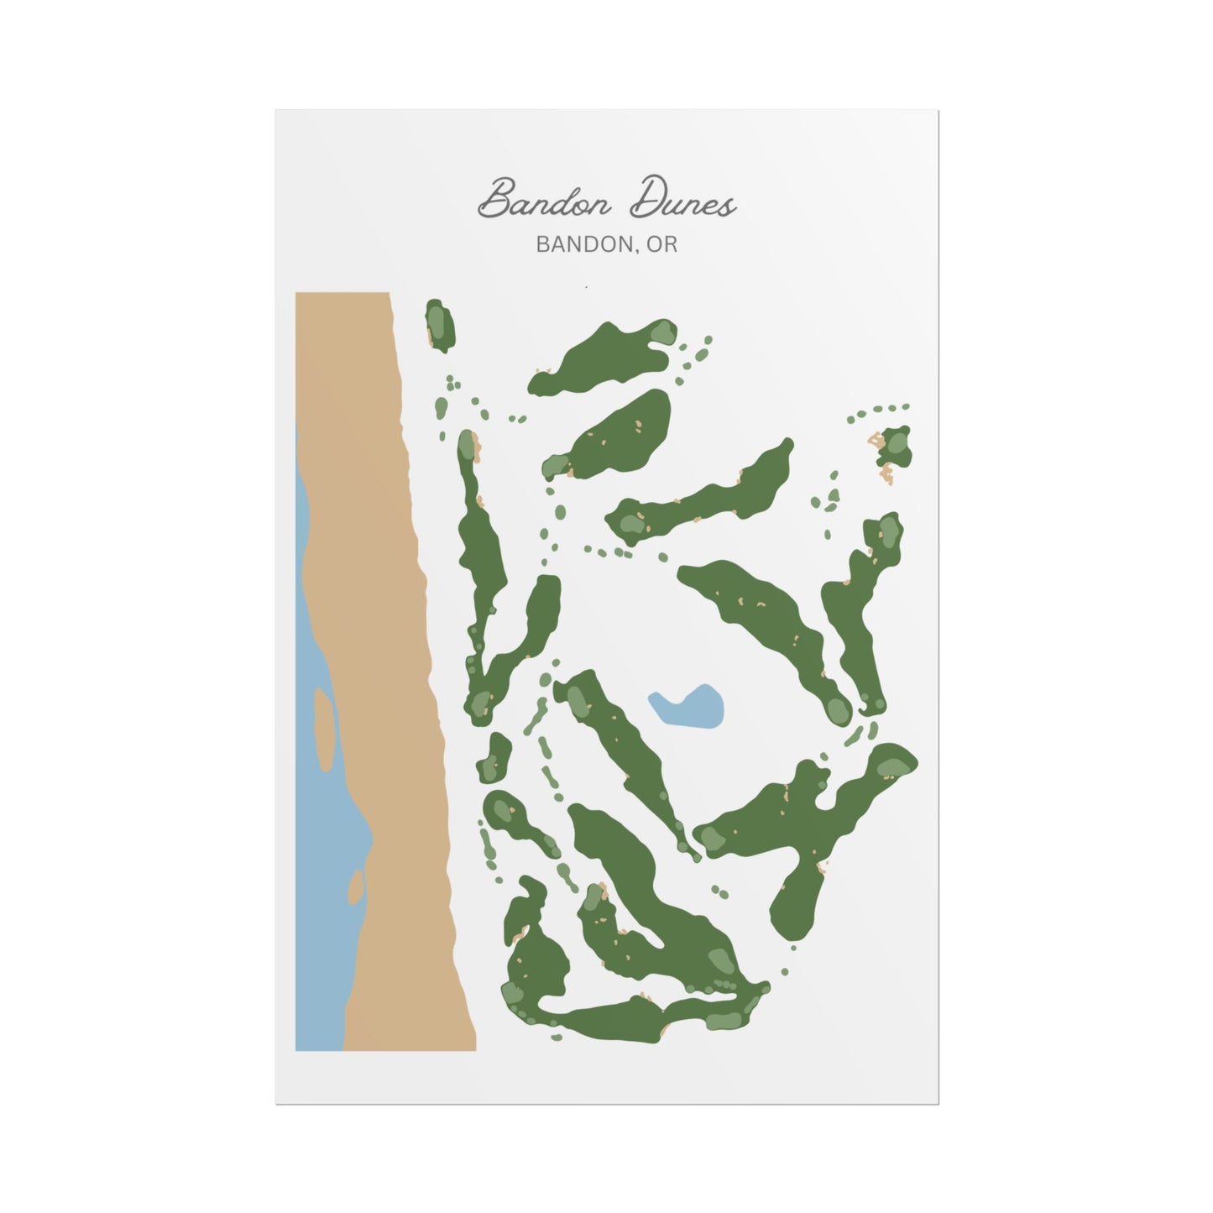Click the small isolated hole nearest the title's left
coord(440,325)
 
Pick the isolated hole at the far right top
coord(896,446)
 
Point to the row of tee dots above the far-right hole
coord(878,411)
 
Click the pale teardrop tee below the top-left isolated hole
coord(441,407)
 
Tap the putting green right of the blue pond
coord(838,709)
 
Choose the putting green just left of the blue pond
coord(578,701)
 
